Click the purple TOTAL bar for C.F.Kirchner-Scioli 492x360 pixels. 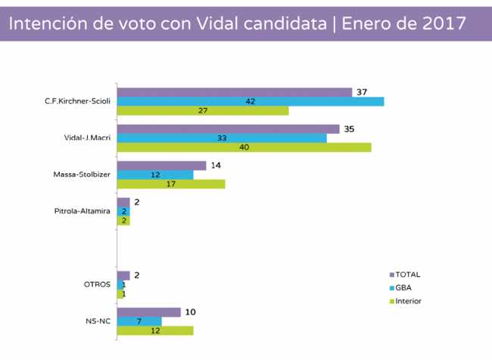pyautogui.click(x=235, y=92)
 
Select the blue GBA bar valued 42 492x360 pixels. pyautogui.click(x=251, y=101)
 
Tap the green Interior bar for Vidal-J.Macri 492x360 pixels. pyautogui.click(x=244, y=147)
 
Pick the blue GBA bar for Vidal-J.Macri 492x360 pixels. pyautogui.click(x=222, y=138)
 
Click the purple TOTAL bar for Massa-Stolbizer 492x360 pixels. pyautogui.click(x=161, y=166)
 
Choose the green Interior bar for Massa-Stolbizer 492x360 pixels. pyautogui.click(x=171, y=184)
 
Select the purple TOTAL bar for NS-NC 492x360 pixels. pyautogui.click(x=148, y=312)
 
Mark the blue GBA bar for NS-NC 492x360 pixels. pyautogui.click(x=139, y=321)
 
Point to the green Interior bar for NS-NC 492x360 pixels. pyautogui.click(x=155, y=331)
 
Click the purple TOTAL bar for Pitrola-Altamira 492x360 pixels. pyautogui.click(x=123, y=202)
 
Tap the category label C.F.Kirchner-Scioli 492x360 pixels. pyautogui.click(x=78, y=101)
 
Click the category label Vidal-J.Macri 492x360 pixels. pyautogui.click(x=88, y=138)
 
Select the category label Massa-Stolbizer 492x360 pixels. pyautogui.click(x=83, y=175)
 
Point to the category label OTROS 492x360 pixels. pyautogui.click(x=98, y=284)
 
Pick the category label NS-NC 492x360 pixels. pyautogui.click(x=99, y=321)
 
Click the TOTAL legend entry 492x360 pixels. pyautogui.click(x=407, y=275)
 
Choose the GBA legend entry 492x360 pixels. pyautogui.click(x=403, y=288)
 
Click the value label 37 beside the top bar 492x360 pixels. pyautogui.click(x=362, y=92)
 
